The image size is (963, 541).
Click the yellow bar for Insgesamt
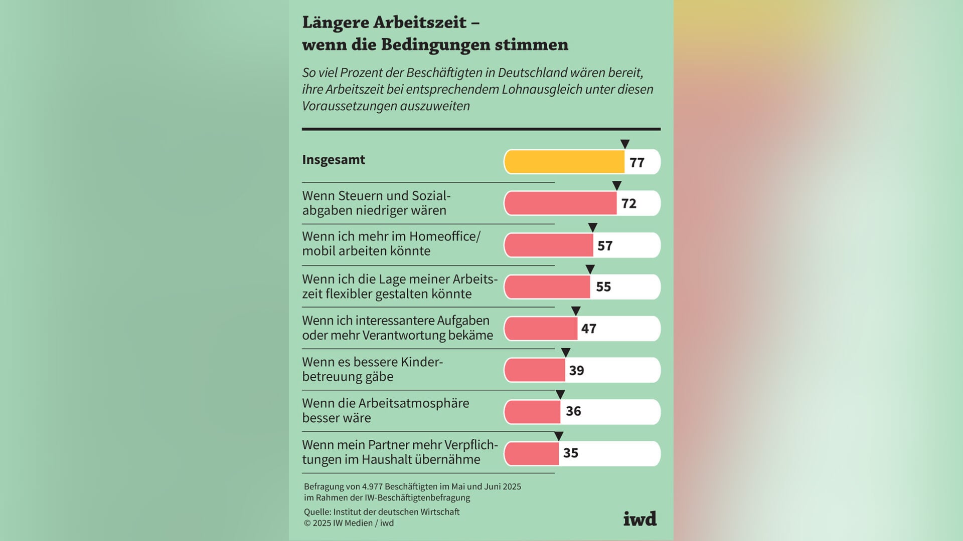coord(564,162)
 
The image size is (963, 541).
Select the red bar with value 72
coord(560,203)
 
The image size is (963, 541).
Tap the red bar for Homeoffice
coord(549,245)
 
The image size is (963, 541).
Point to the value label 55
coord(603,287)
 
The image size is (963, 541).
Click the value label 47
coord(589,329)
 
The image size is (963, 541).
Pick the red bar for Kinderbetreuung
coord(535,370)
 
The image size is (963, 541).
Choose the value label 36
coord(573,411)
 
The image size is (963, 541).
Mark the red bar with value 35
coord(532,453)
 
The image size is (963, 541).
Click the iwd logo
coord(639,519)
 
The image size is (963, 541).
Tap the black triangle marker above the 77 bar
coord(625,144)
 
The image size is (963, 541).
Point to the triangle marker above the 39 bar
coord(566,353)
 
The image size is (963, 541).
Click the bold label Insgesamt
coord(334,160)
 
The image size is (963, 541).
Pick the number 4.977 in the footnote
coord(372,487)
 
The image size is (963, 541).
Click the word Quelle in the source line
coord(317,512)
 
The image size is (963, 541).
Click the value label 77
coord(637,163)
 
